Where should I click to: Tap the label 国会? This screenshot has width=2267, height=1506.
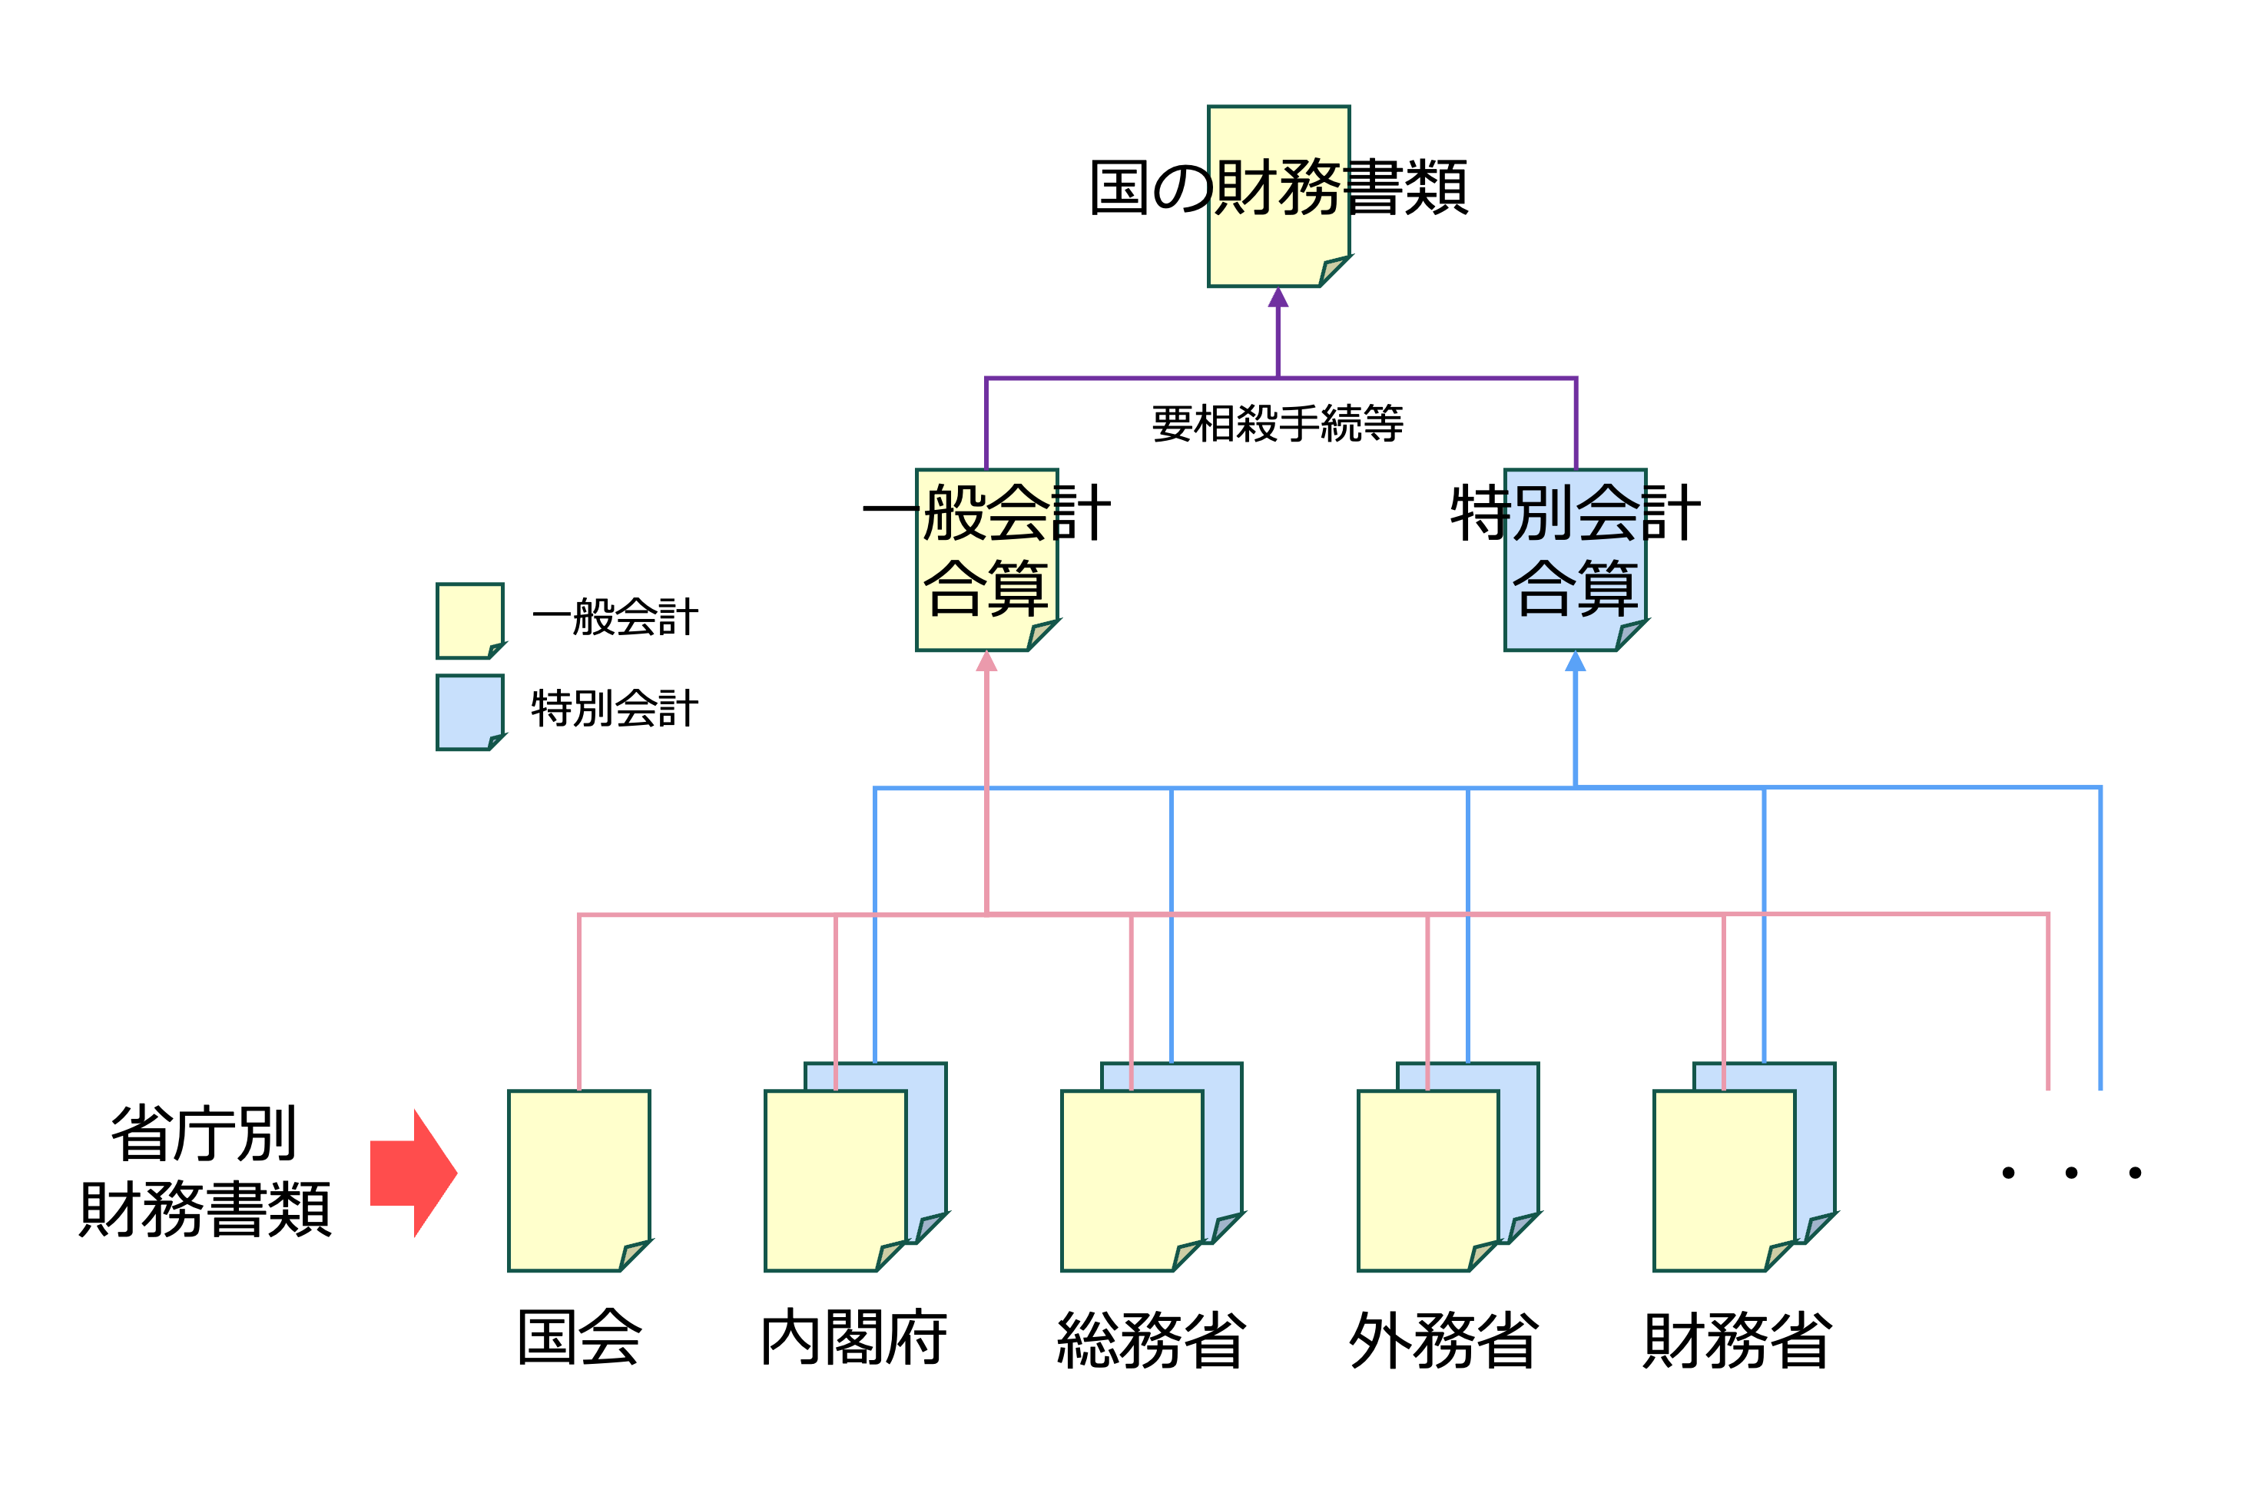click(x=579, y=1338)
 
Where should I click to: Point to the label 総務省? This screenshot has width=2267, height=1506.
click(x=1151, y=1340)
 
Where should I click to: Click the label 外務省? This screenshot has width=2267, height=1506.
click(x=1443, y=1340)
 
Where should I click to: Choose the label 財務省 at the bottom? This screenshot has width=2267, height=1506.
click(x=1738, y=1340)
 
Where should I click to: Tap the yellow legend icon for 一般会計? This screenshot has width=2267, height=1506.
click(x=469, y=621)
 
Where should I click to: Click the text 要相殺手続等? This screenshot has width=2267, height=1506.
click(x=1278, y=424)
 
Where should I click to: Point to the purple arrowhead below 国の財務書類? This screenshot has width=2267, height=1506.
click(x=1278, y=298)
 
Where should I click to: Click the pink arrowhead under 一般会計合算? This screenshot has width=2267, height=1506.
click(x=986, y=662)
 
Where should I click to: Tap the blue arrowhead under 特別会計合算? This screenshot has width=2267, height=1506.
click(x=1576, y=662)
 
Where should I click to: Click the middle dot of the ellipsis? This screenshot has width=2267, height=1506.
click(x=2071, y=1173)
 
